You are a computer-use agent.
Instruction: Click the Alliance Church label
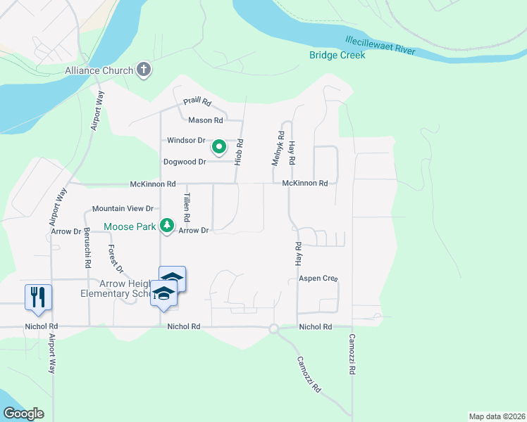click(99, 70)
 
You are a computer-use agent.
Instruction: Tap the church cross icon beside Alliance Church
click(144, 70)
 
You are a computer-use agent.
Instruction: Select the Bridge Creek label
click(337, 55)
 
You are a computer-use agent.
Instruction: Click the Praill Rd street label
click(197, 102)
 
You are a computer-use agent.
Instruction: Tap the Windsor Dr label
click(186, 141)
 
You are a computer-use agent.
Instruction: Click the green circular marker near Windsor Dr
click(219, 147)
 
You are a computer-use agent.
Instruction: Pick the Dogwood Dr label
click(185, 162)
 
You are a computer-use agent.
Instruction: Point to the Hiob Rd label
click(240, 152)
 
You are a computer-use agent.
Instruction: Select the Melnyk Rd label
click(278, 148)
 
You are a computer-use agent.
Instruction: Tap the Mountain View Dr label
click(123, 209)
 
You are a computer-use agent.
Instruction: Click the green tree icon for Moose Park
click(167, 226)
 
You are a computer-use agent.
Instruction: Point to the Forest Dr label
click(116, 259)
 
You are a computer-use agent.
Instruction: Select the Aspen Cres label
click(318, 279)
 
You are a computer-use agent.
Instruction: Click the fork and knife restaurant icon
click(37, 296)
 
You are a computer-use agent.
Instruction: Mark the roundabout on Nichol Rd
click(274, 328)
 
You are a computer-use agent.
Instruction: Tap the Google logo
click(23, 414)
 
